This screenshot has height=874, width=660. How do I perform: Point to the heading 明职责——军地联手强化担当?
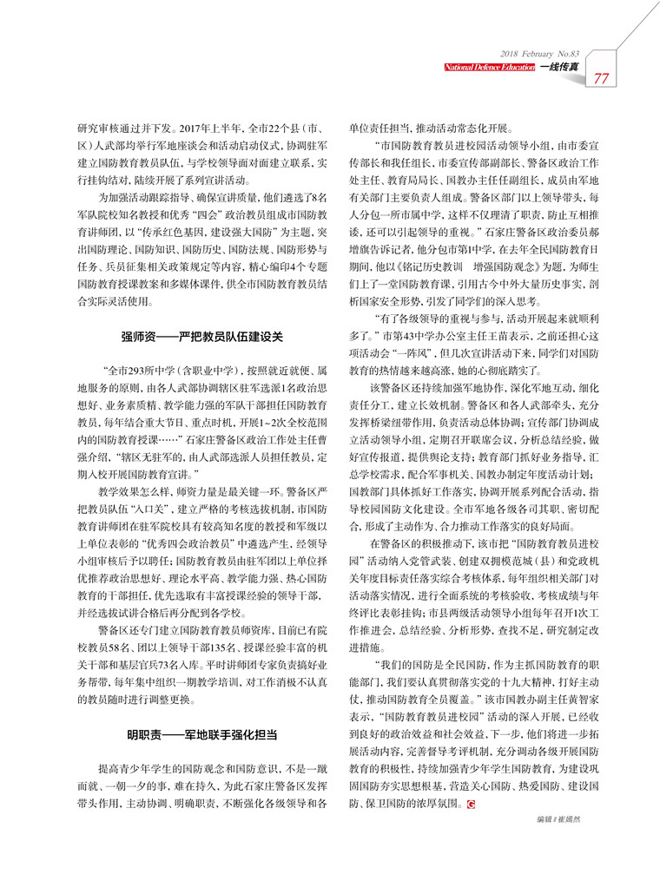(x=201, y=734)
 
